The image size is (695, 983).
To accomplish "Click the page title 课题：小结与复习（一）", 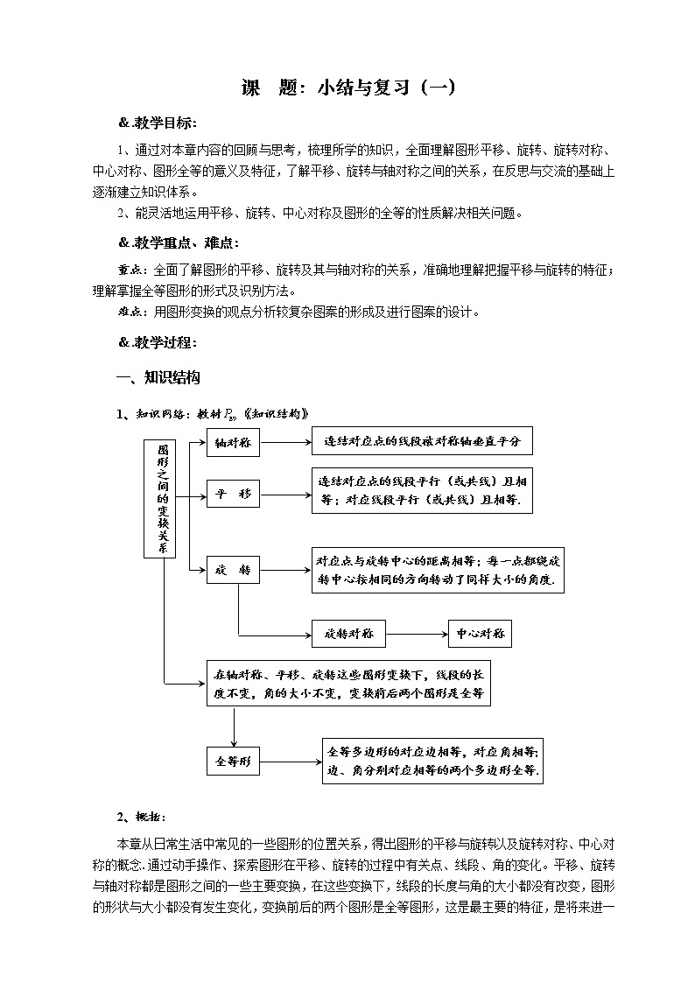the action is pyautogui.click(x=347, y=88).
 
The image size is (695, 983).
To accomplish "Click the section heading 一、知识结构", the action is pyautogui.click(x=158, y=378).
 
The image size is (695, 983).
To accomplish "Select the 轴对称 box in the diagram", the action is pyautogui.click(x=234, y=443).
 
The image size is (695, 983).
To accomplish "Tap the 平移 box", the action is pyautogui.click(x=234, y=495).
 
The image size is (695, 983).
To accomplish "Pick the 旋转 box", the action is pyautogui.click(x=234, y=571).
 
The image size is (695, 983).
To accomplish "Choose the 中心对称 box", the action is pyautogui.click(x=480, y=633).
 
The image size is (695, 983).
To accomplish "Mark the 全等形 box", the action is pyautogui.click(x=234, y=762).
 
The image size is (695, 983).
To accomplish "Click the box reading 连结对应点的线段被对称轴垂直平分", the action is pyautogui.click(x=422, y=441).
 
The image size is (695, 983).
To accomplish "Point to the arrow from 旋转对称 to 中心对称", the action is pyautogui.click(x=416, y=633).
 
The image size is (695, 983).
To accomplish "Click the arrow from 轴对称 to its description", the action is pyautogui.click(x=286, y=443).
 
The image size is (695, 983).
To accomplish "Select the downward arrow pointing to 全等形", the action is pyautogui.click(x=234, y=726).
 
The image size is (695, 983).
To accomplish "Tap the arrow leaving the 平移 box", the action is pyautogui.click(x=286, y=495).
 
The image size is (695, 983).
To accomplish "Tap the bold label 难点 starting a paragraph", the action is pyautogui.click(x=131, y=312).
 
